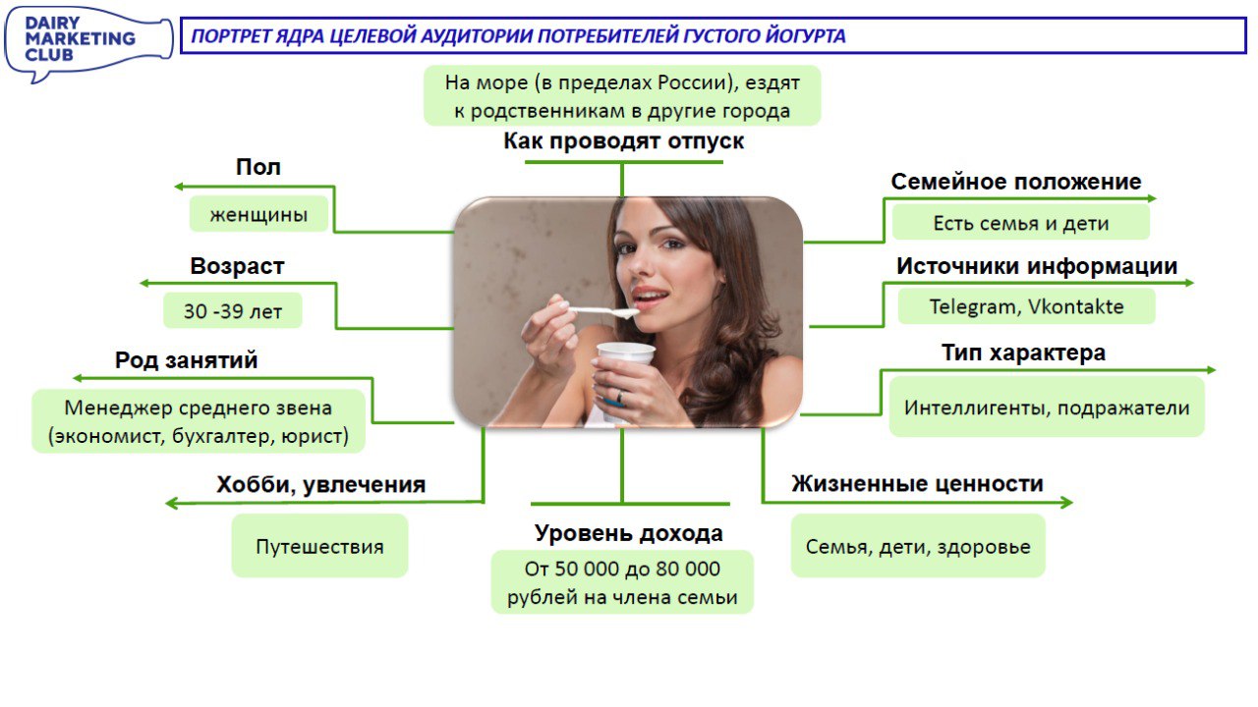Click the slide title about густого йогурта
[x=518, y=36]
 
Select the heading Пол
[x=258, y=167]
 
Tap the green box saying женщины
[x=258, y=214]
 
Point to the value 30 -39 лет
[x=233, y=311]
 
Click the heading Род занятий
[x=187, y=360]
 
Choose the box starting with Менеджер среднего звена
[x=199, y=421]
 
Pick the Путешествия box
[x=319, y=546]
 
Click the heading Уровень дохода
[x=629, y=533]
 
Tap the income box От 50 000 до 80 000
[x=622, y=582]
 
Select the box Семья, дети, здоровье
[x=918, y=546]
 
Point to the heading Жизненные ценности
[x=918, y=484]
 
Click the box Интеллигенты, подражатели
[x=1047, y=408]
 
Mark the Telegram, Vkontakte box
[x=1027, y=306]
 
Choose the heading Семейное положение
[x=1016, y=182]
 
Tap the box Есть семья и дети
[x=1021, y=223]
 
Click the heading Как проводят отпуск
[x=624, y=140]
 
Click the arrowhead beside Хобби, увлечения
[x=170, y=503]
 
